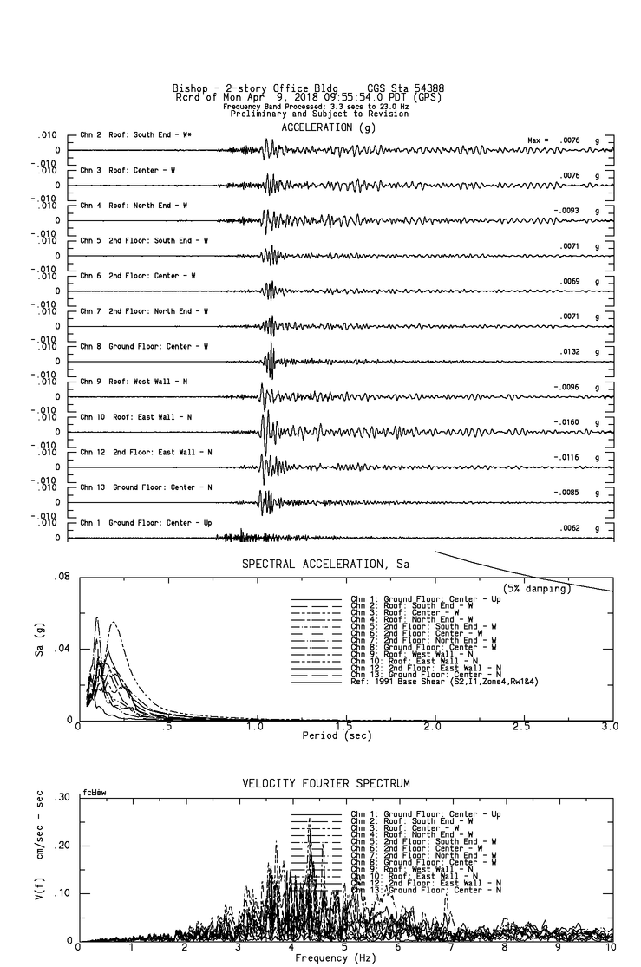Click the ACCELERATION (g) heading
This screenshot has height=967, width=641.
click(x=328, y=127)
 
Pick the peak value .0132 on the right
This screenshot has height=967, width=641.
click(x=568, y=352)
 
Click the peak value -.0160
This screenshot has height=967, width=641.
click(x=566, y=422)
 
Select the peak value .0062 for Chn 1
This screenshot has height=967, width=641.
click(x=568, y=527)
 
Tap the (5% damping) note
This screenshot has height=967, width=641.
click(x=536, y=589)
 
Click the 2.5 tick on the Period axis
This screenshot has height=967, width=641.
click(x=521, y=726)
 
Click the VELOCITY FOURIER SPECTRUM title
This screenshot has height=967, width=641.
click(x=325, y=784)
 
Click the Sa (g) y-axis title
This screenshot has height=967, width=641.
click(x=40, y=648)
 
